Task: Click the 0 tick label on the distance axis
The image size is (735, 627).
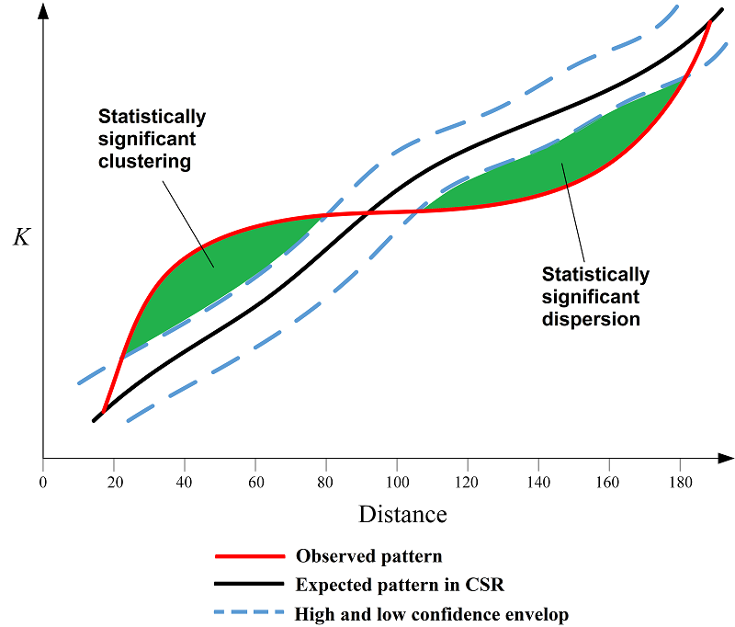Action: coord(43,481)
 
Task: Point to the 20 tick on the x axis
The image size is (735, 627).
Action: coord(114,481)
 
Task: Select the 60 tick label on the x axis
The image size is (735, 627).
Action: coord(255,481)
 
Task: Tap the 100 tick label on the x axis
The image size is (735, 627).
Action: coord(397,481)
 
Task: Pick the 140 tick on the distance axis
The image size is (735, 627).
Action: coord(538,481)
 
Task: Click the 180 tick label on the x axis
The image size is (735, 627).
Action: coord(681,481)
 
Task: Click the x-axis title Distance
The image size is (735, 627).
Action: coord(402,514)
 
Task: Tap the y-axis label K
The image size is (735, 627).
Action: coord(20,238)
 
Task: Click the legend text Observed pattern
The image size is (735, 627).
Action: coord(368,556)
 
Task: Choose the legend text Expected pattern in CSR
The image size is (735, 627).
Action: coord(400,585)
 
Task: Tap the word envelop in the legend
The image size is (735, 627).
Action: coord(541,614)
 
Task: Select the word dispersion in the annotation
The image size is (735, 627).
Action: coord(591,319)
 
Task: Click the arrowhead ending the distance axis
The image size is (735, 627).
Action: coord(725,457)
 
